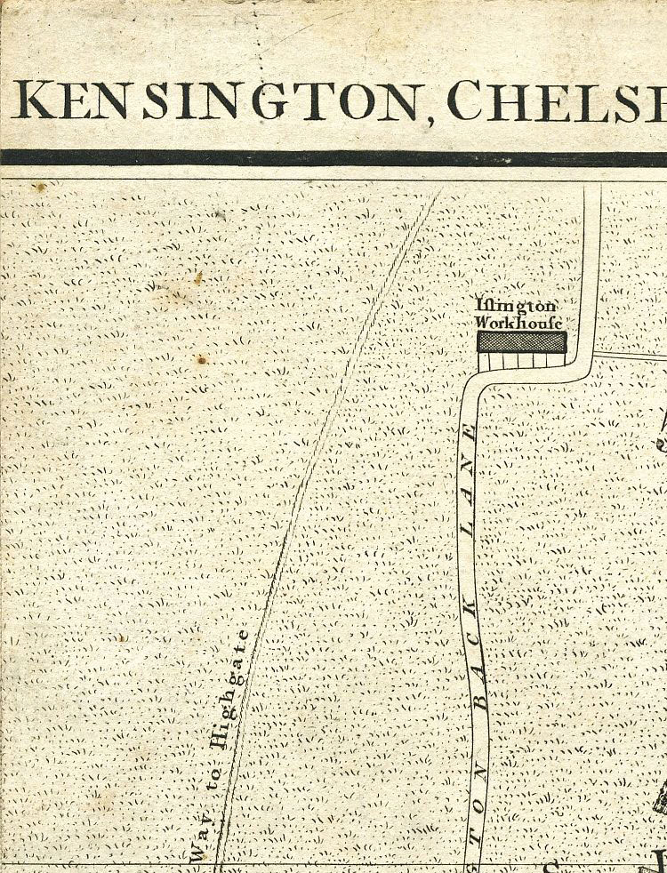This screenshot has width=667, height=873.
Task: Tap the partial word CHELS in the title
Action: [x=556, y=100]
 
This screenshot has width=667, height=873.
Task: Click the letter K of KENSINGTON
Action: [x=32, y=100]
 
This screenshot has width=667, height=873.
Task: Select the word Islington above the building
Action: [x=516, y=306]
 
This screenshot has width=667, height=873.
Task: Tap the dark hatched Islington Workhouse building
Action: [x=521, y=341]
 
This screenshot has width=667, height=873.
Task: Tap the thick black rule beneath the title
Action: [x=333, y=157]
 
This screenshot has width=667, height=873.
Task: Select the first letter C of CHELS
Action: [x=466, y=100]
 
